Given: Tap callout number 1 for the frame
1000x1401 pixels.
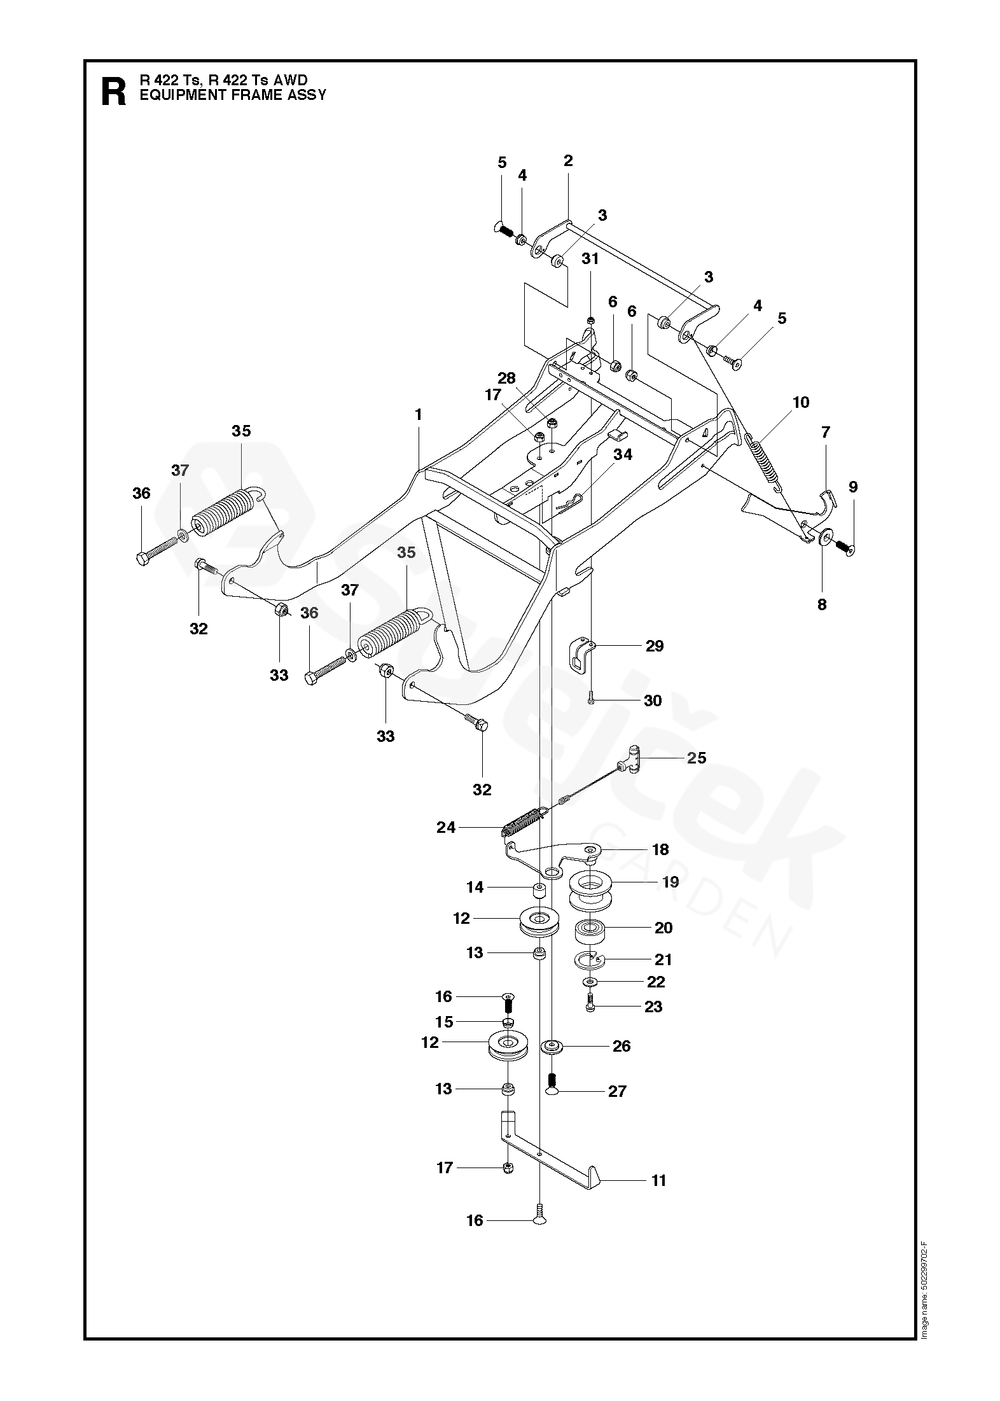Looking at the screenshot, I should pyautogui.click(x=418, y=415).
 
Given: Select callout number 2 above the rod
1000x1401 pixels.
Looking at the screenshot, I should pyautogui.click(x=568, y=161).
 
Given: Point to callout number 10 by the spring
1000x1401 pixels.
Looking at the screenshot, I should pyautogui.click(x=801, y=402).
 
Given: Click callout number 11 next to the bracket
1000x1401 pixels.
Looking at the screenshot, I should pyautogui.click(x=658, y=1180).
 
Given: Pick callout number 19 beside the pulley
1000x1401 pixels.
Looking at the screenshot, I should pyautogui.click(x=670, y=882).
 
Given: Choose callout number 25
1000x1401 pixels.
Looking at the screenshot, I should pyautogui.click(x=697, y=758).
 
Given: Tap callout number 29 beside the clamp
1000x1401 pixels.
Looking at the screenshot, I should pyautogui.click(x=655, y=646).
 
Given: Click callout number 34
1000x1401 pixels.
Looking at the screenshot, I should pyautogui.click(x=623, y=454).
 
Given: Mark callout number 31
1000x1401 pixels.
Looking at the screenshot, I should pyautogui.click(x=590, y=259).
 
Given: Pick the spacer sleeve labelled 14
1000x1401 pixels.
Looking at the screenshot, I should pyautogui.click(x=539, y=892).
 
